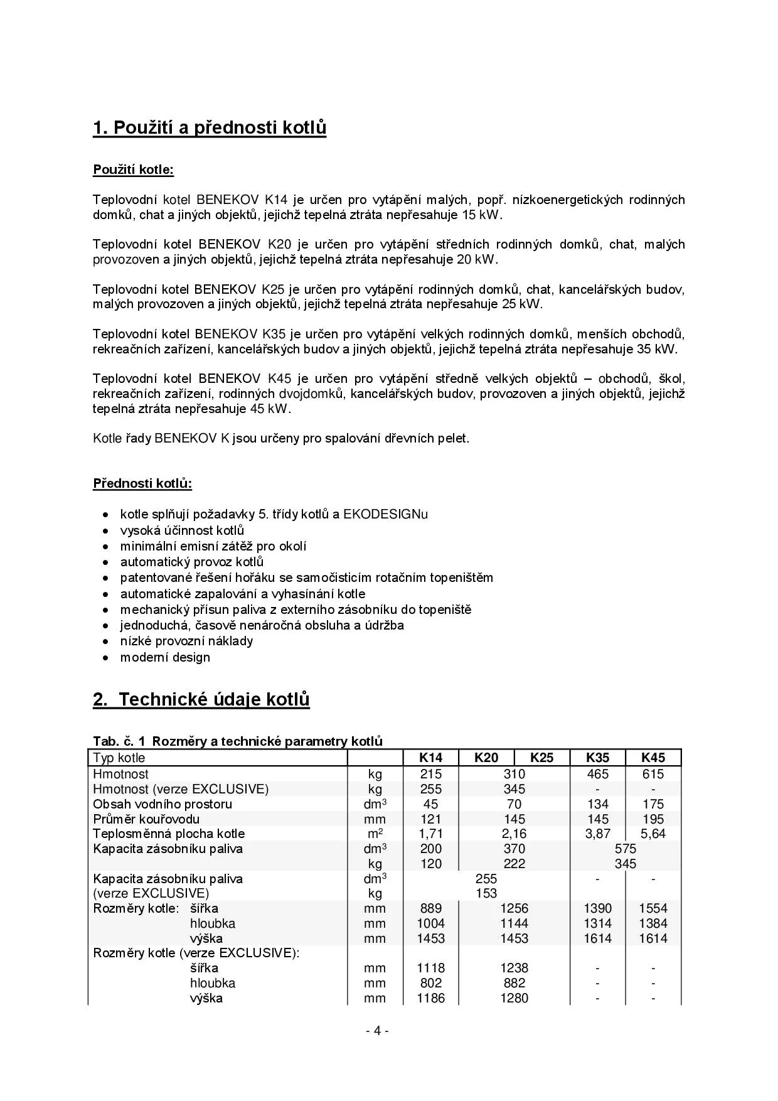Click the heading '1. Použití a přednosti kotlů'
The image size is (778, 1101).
[x=210, y=127]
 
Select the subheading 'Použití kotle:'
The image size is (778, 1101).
[x=133, y=169]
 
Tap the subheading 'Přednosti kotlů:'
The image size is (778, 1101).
[x=142, y=483]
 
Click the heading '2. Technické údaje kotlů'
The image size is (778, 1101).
[x=201, y=699]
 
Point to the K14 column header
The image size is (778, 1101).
[x=430, y=758]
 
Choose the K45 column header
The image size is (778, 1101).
[x=653, y=758]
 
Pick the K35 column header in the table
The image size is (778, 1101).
[x=597, y=758]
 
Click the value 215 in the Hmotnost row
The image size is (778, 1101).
[x=430, y=774]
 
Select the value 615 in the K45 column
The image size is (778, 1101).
[x=653, y=774]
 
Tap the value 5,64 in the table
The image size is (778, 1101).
[x=653, y=834]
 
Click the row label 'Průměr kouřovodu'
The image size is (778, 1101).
[x=146, y=819]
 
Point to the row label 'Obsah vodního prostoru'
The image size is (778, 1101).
[x=163, y=804]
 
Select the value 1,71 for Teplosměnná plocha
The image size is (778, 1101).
[x=430, y=834]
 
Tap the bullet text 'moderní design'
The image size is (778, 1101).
[x=165, y=657]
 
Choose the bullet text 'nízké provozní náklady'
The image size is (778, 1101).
[x=186, y=641]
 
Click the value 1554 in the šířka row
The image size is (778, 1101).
[x=653, y=908]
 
